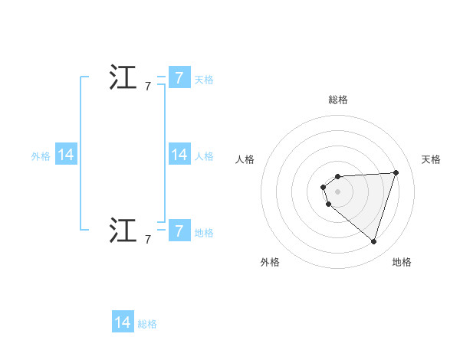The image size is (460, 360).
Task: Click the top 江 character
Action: [123, 78]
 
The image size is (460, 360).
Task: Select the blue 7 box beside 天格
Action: [179, 78]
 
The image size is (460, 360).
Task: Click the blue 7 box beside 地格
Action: [179, 231]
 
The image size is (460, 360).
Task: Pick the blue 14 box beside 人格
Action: [179, 155]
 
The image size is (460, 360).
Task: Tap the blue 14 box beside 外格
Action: [66, 155]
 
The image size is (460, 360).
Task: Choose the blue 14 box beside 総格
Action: [123, 322]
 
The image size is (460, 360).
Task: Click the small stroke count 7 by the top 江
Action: [148, 87]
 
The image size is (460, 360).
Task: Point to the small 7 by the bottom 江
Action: [148, 240]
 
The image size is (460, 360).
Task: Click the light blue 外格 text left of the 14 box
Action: [41, 156]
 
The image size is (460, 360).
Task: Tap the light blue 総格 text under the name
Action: [147, 324]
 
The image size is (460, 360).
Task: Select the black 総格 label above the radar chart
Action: [338, 100]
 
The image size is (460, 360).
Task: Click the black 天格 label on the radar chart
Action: [431, 159]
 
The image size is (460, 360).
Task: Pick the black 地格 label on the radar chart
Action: [402, 262]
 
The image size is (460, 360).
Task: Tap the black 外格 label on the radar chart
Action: [270, 262]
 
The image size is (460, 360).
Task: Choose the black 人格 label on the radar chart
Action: [245, 159]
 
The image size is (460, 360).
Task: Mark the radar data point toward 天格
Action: [396, 172]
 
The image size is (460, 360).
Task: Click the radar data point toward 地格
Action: [373, 241]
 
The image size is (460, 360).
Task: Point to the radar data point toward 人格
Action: [324, 187]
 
